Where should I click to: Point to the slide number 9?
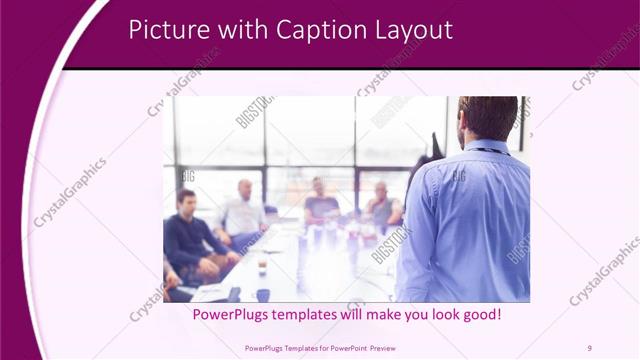pos(589,347)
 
